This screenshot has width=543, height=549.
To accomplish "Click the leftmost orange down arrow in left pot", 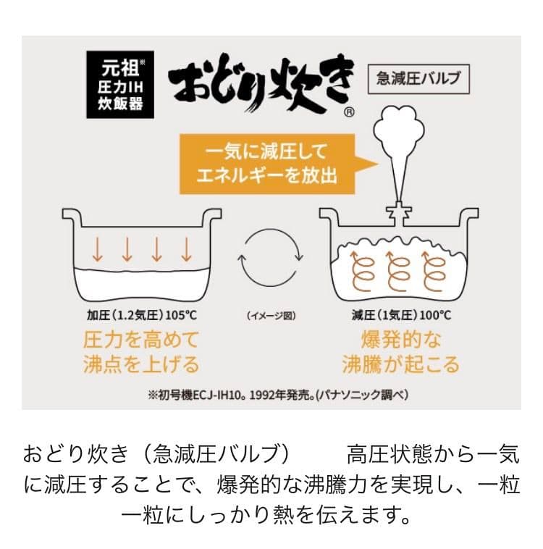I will pyautogui.click(x=97, y=250).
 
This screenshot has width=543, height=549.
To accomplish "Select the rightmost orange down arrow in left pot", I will pyautogui.click(x=186, y=250).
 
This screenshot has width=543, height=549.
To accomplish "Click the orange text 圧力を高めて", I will pyautogui.click(x=141, y=340).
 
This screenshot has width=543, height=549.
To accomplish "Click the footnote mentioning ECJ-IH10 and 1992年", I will pyautogui.click(x=272, y=395).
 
